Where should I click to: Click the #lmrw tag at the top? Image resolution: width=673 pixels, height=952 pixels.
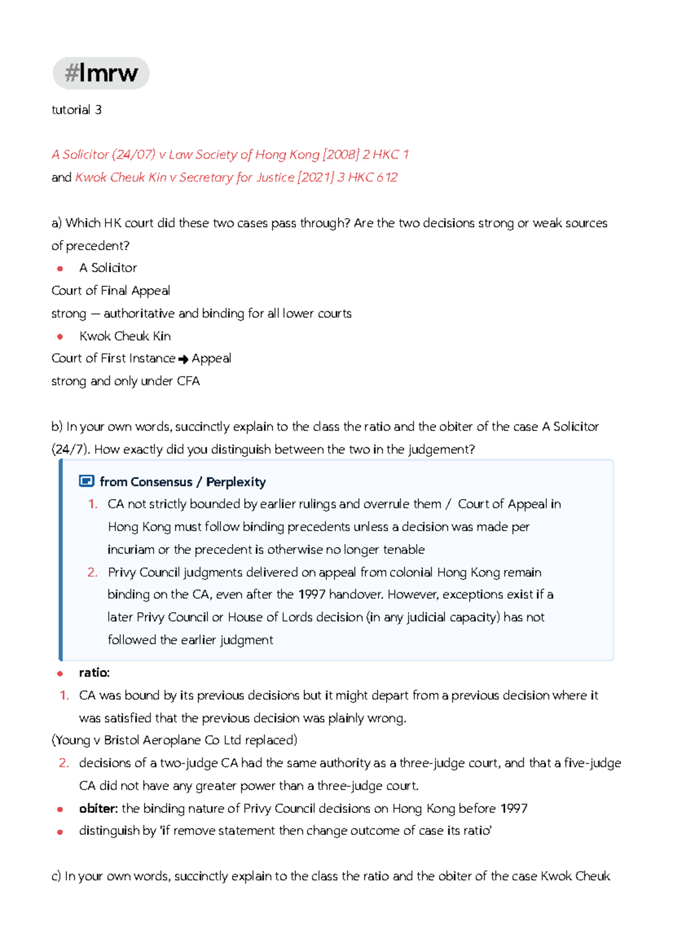point(101,73)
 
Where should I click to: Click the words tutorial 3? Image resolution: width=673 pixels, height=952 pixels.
point(76,110)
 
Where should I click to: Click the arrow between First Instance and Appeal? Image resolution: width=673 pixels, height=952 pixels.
point(183,359)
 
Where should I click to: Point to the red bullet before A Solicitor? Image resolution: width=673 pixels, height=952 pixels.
point(60,269)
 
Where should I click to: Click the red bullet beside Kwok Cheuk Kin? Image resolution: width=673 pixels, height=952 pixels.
point(60,336)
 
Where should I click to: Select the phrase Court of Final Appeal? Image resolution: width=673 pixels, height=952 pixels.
point(110,291)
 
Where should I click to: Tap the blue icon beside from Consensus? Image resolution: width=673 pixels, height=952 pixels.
point(86,481)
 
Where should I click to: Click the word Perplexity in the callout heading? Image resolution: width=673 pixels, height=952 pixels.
point(236,482)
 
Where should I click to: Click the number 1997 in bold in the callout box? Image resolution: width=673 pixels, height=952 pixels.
point(311,594)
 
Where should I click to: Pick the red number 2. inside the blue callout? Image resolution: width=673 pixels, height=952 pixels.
point(93,572)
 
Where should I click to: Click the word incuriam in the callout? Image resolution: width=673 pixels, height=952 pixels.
point(131,550)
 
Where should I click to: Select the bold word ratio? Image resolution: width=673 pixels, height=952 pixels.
point(94,673)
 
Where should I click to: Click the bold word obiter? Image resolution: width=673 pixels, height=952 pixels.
point(98,808)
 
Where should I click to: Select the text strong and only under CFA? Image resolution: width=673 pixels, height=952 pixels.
point(126,381)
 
